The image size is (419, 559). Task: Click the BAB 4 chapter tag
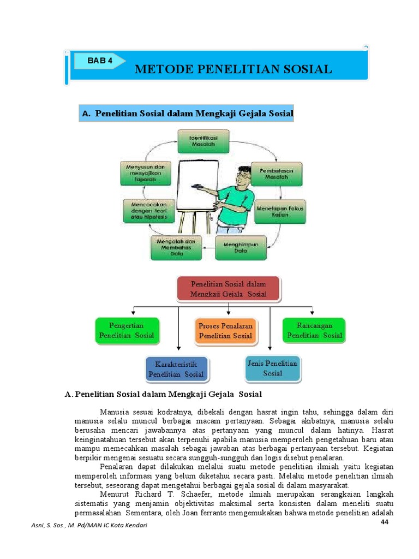pyautogui.click(x=102, y=61)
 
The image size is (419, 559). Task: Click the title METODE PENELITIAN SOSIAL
pyautogui.click(x=233, y=69)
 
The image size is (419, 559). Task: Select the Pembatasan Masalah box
pyautogui.click(x=277, y=174)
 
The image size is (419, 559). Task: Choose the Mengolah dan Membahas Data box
pyautogui.click(x=176, y=247)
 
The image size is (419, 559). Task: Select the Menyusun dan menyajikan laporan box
pyautogui.click(x=146, y=173)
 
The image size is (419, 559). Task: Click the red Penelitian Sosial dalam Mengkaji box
pyautogui.click(x=228, y=289)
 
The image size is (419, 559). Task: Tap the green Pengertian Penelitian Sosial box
pyautogui.click(x=127, y=331)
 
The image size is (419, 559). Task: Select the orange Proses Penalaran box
pyautogui.click(x=225, y=331)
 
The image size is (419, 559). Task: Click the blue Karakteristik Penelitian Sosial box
pyautogui.click(x=176, y=369)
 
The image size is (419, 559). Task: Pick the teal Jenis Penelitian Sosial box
pyautogui.click(x=272, y=368)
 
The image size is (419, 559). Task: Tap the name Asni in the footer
pyautogui.click(x=40, y=525)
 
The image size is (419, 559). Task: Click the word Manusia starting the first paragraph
pyautogui.click(x=113, y=412)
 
